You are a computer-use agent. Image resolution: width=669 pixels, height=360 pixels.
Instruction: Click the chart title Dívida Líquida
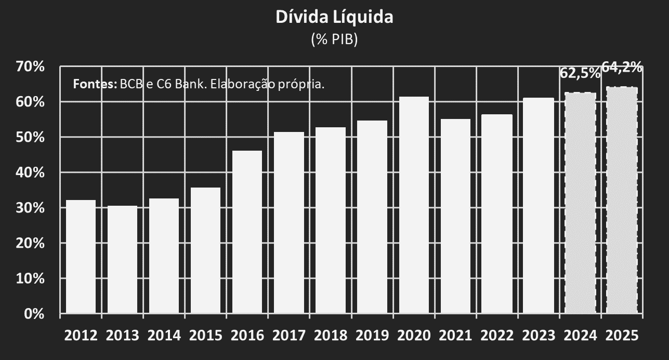(x=334, y=17)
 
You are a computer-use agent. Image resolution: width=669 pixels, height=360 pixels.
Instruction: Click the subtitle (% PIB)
(x=334, y=39)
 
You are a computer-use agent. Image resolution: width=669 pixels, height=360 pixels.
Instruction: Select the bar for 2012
(x=81, y=257)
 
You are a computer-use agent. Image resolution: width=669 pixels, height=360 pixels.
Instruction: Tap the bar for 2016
(x=247, y=232)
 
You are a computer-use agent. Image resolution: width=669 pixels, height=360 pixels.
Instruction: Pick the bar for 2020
(x=414, y=205)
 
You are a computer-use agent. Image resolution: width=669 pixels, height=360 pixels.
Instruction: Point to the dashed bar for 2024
(x=580, y=203)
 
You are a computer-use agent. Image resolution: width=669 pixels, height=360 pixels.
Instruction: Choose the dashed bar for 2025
(x=622, y=200)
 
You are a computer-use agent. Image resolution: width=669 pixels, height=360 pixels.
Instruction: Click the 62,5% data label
(x=579, y=73)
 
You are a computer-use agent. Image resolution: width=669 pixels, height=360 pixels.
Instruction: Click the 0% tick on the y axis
(x=35, y=314)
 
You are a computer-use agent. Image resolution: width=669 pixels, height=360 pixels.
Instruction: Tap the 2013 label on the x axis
(x=122, y=336)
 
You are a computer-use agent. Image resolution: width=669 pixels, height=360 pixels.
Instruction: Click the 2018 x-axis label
(x=331, y=336)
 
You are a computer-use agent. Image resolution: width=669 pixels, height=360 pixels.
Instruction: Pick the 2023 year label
(x=539, y=336)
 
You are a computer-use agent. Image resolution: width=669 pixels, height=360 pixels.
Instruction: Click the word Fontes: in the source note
(x=95, y=84)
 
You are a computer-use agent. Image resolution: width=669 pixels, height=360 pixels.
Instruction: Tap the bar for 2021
(x=455, y=216)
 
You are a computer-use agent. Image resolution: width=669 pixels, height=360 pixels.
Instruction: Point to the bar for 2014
(x=164, y=256)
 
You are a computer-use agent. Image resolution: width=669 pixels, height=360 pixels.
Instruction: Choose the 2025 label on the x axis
(x=622, y=336)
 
